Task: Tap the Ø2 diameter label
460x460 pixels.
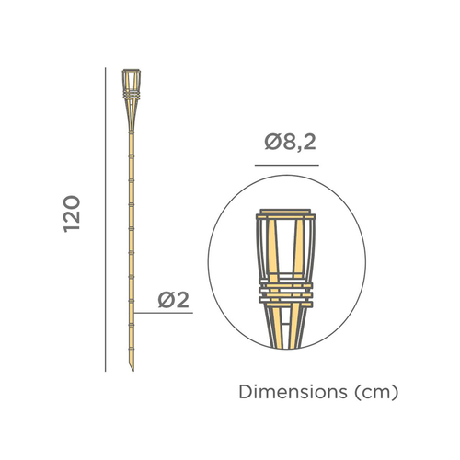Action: tap(173, 299)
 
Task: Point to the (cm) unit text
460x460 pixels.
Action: tap(376, 393)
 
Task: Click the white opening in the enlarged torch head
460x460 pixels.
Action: tap(285, 248)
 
